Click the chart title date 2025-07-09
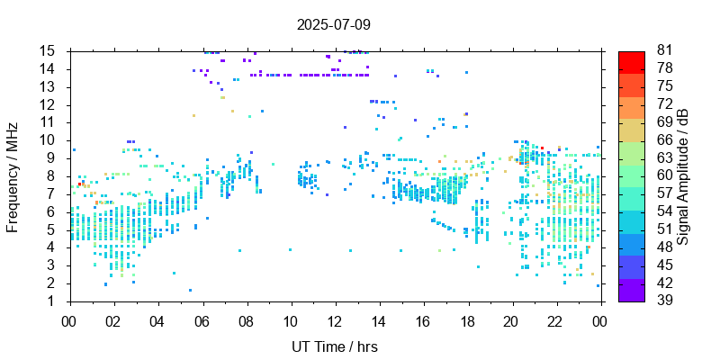(x=333, y=24)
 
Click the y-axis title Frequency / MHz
(x=13, y=175)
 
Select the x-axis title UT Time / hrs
(x=334, y=346)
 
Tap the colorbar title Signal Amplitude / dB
(x=683, y=175)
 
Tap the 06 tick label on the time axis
(x=202, y=320)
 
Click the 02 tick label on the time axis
(x=113, y=320)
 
